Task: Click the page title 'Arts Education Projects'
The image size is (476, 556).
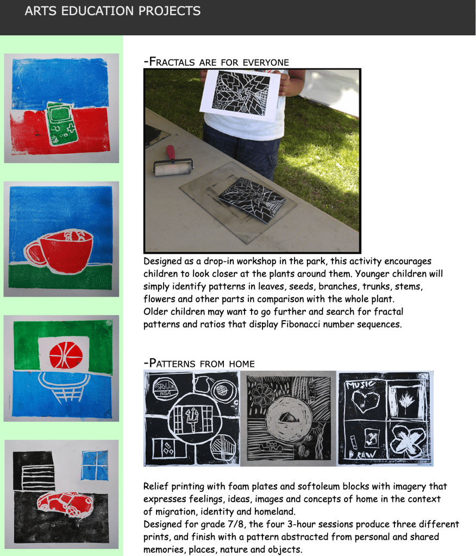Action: (x=112, y=11)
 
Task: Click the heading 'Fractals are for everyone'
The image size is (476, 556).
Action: (x=216, y=62)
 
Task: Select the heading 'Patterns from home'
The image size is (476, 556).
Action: (x=199, y=363)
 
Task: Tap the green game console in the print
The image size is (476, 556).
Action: (x=61, y=123)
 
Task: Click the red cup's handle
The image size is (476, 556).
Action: (x=34, y=253)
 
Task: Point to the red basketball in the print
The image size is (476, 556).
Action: (x=66, y=355)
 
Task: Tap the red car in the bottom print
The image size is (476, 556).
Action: (x=65, y=503)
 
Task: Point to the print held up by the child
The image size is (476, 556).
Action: (x=240, y=95)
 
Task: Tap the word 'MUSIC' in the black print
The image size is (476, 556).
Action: (x=360, y=384)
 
